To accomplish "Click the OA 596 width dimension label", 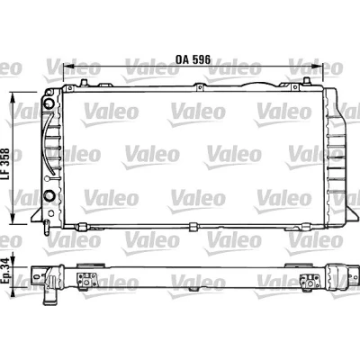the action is coord(193,59).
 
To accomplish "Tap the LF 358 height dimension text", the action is coord(6,165).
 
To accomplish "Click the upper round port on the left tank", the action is coord(49,103).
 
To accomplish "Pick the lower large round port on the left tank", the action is coord(49,195).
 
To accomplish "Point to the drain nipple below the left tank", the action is coord(47,228).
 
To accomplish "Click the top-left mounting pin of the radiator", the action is coord(84,82).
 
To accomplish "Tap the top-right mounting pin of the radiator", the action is coord(306,81).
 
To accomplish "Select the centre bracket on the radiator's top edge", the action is coord(199,86).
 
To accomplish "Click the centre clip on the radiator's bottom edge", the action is coord(193,227).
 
